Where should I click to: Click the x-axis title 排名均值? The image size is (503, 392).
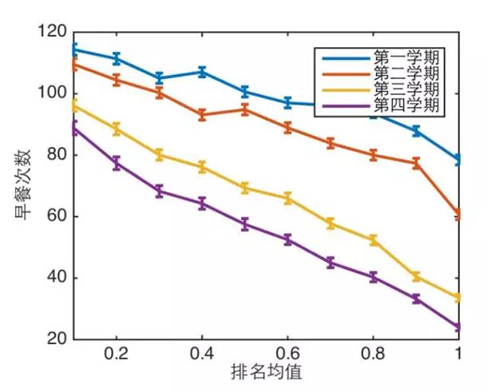tap(266, 372)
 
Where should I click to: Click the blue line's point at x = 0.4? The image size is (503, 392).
tap(202, 72)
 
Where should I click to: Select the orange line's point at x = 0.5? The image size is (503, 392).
tap(245, 109)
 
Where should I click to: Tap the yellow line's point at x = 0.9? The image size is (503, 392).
tap(416, 276)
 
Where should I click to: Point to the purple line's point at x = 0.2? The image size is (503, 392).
tap(117, 163)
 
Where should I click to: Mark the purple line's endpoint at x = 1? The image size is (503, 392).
tap(458, 327)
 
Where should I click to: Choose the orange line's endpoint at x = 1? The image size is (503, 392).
tap(458, 215)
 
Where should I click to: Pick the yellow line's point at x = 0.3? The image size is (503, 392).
tap(160, 155)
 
